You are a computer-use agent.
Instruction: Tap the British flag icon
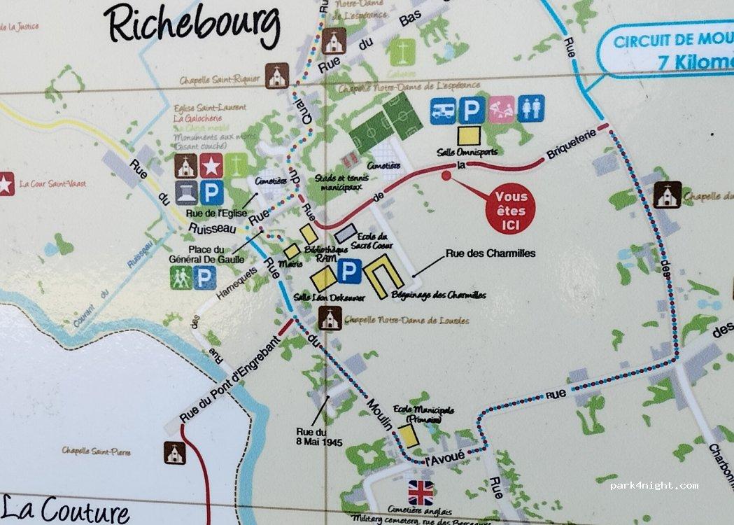(x=421, y=493)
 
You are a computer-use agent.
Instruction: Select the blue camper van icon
(x=443, y=109)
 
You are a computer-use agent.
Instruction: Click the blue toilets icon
(x=531, y=108)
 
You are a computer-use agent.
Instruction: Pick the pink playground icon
(x=502, y=109)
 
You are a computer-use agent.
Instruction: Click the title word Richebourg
(x=192, y=27)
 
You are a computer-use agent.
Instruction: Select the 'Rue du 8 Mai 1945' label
(x=311, y=437)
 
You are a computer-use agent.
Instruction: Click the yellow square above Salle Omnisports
(x=469, y=135)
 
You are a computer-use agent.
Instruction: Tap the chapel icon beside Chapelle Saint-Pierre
(x=175, y=453)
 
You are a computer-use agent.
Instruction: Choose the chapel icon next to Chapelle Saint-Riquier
(x=278, y=76)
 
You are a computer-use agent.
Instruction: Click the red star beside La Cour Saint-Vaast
(x=6, y=184)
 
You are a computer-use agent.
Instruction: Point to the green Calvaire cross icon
(x=402, y=52)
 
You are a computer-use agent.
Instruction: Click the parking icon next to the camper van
(x=472, y=109)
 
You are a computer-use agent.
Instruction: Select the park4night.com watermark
(x=654, y=485)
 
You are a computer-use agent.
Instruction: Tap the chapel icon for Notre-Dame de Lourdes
(x=330, y=318)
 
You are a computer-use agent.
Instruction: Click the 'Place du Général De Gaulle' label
(x=216, y=253)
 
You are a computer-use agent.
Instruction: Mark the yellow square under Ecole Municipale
(x=409, y=435)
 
